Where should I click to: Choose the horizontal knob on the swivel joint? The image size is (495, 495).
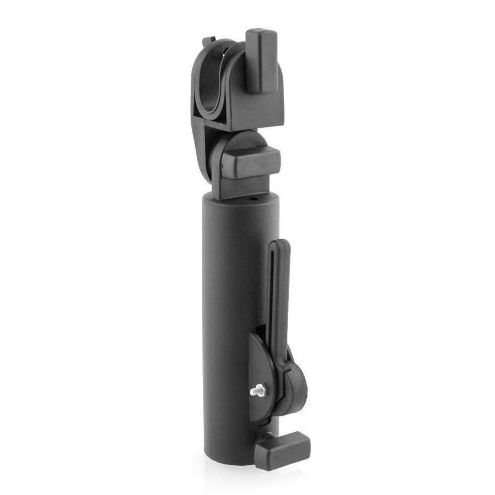coord(251,162)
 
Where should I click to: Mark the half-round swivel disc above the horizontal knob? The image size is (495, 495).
coord(242,141)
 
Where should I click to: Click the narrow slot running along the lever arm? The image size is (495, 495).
coord(277,297)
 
